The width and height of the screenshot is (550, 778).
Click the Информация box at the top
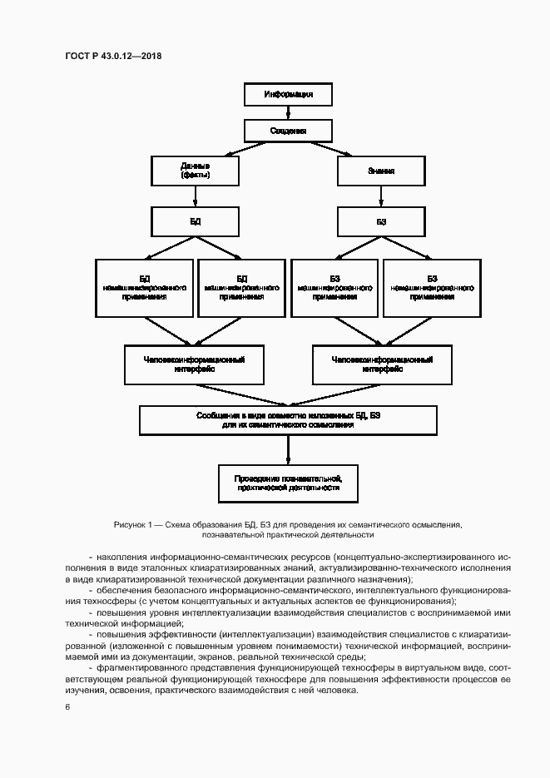(x=288, y=94)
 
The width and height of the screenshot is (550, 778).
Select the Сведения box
(x=288, y=131)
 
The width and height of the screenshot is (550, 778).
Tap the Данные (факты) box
(x=195, y=171)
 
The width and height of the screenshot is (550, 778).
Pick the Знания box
(x=381, y=171)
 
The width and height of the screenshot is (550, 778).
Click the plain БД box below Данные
(x=195, y=222)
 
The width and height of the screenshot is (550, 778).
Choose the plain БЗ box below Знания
(x=381, y=222)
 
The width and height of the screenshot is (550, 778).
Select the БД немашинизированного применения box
(x=144, y=287)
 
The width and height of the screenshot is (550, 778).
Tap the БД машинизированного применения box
(x=241, y=287)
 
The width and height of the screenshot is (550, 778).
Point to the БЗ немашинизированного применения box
(x=432, y=287)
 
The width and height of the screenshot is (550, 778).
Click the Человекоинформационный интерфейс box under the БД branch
(x=195, y=364)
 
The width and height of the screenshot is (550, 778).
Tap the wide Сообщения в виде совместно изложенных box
(x=288, y=419)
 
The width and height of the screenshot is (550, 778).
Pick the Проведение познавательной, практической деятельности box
(x=288, y=483)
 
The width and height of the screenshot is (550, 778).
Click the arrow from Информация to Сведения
(x=288, y=113)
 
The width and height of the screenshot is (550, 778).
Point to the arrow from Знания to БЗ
(x=381, y=196)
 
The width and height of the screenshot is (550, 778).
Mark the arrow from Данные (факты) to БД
(x=195, y=196)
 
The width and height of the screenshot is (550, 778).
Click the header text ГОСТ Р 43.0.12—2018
(x=112, y=56)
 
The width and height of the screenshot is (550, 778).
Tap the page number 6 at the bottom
(x=67, y=706)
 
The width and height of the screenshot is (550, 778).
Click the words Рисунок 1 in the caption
(x=131, y=525)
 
